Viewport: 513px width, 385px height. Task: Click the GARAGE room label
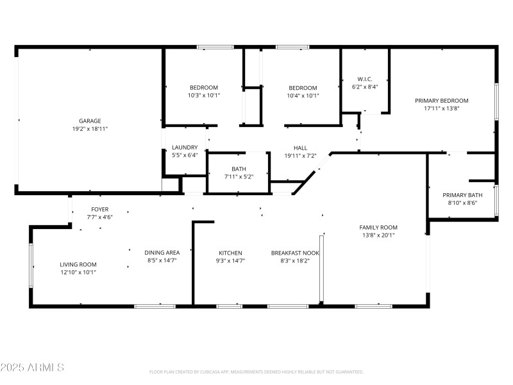click(90, 121)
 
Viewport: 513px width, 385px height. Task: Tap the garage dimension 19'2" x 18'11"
click(90, 128)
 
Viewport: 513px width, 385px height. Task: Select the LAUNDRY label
click(185, 147)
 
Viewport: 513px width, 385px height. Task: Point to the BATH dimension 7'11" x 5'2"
click(239, 176)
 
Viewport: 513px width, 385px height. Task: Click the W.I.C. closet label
click(365, 79)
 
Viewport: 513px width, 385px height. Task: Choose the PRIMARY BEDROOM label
click(441, 100)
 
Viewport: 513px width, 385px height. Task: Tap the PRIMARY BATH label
click(462, 194)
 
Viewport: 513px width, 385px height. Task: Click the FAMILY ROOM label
click(378, 227)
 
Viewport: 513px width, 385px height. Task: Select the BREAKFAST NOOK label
click(295, 253)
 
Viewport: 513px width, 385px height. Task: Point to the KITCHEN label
click(230, 253)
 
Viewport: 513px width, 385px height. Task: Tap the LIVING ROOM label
click(78, 264)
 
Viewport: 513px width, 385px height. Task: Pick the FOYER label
click(99, 209)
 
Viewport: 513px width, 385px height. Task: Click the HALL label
click(300, 148)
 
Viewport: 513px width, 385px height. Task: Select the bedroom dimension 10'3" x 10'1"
click(203, 96)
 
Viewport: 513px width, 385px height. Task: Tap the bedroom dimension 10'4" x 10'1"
click(303, 96)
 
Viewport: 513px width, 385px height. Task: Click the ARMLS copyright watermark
click(32, 368)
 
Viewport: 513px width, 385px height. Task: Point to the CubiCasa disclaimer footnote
click(256, 372)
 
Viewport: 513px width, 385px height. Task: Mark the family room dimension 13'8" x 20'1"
click(378, 235)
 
